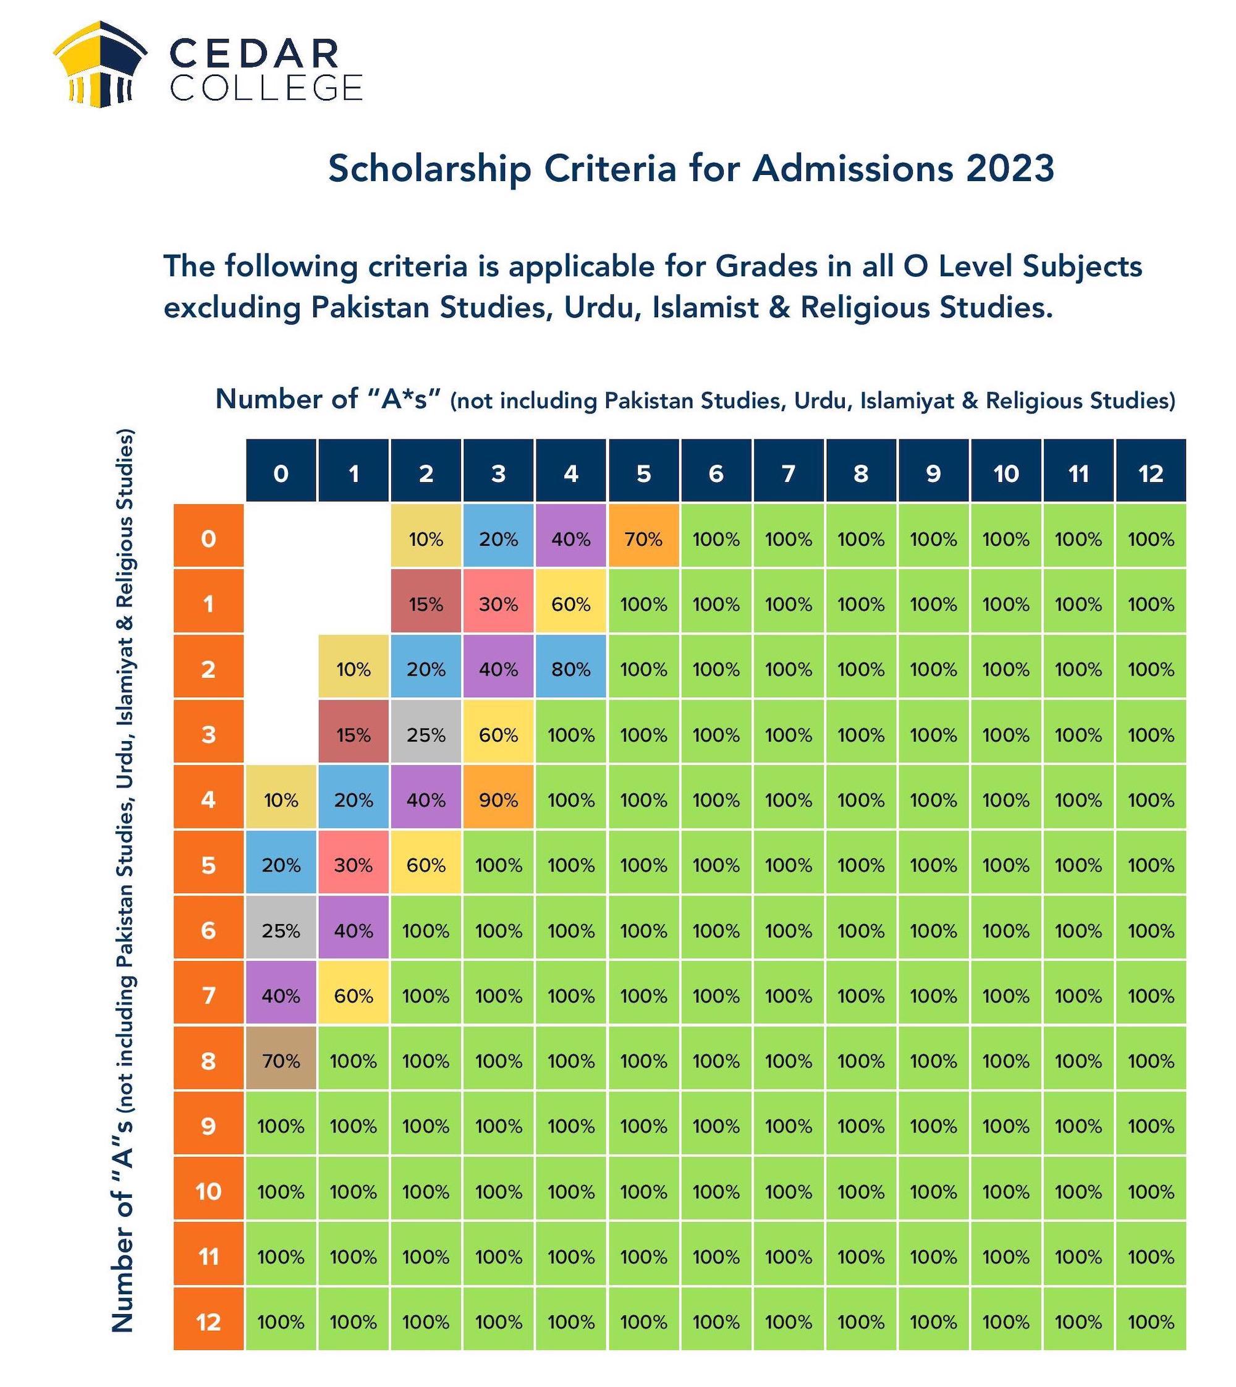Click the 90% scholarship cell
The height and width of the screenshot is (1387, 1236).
click(x=499, y=800)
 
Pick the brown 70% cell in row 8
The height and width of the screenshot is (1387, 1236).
click(x=281, y=1061)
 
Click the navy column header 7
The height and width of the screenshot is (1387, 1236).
click(x=789, y=473)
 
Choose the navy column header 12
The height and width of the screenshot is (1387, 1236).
click(x=1151, y=473)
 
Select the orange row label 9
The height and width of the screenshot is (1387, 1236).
click(x=208, y=1126)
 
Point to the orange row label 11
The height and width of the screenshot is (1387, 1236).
click(x=208, y=1257)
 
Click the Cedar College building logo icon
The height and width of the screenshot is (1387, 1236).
click(x=100, y=64)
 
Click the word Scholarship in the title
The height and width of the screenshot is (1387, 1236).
click(x=430, y=170)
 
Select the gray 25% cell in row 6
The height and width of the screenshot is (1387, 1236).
click(x=281, y=931)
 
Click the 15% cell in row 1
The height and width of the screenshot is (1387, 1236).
click(x=426, y=604)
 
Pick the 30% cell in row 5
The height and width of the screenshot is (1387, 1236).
click(x=353, y=865)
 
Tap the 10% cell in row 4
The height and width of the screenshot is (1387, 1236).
click(x=281, y=800)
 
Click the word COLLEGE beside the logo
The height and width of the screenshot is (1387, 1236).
click(x=266, y=88)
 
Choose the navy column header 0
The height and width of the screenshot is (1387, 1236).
click(x=281, y=473)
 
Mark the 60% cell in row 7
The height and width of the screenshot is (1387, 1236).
click(x=353, y=996)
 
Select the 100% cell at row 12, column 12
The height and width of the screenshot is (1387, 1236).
click(x=1151, y=1322)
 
